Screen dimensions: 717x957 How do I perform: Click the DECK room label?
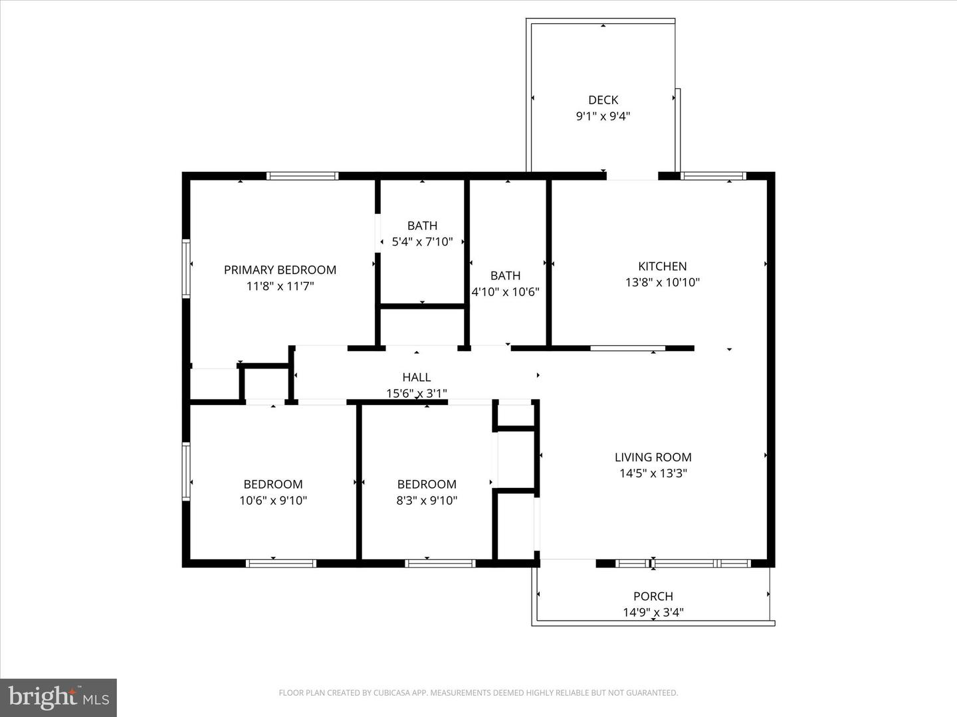click(603, 100)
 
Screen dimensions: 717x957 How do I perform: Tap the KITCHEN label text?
click(662, 266)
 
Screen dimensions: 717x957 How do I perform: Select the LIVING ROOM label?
click(653, 457)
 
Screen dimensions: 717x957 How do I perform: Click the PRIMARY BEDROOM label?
click(280, 270)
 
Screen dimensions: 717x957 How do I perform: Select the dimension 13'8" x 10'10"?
click(662, 282)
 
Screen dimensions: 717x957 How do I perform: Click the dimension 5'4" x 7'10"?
click(422, 242)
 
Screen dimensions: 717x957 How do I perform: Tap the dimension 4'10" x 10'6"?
click(505, 292)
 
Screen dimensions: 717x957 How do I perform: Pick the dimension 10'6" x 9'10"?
click(272, 501)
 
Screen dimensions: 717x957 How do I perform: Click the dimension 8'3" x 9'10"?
click(427, 501)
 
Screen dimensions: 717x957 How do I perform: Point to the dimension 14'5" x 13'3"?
click(653, 473)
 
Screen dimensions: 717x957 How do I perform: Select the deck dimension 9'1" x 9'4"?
click(603, 116)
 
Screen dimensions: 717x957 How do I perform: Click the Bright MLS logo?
click(58, 697)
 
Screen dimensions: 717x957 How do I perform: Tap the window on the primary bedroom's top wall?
click(302, 177)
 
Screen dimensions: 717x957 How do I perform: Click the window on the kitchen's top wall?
click(714, 177)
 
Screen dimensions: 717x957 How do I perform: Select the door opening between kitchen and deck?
click(632, 177)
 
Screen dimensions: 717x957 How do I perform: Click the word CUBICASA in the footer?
click(392, 693)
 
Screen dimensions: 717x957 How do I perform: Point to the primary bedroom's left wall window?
click(187, 268)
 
